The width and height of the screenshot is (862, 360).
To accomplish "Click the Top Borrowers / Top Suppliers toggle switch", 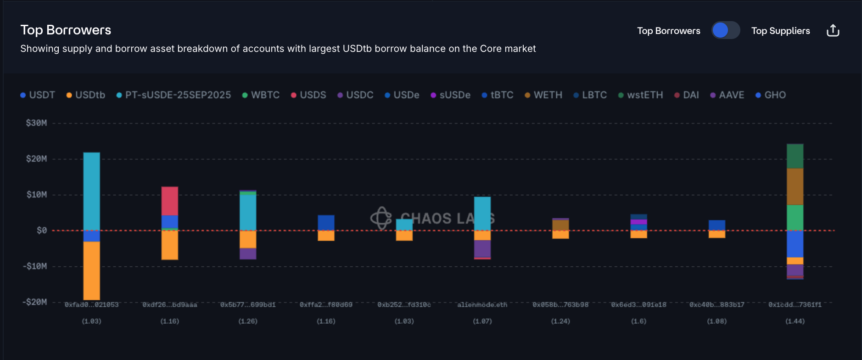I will click(x=725, y=30).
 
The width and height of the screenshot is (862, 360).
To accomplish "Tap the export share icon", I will click(x=833, y=31).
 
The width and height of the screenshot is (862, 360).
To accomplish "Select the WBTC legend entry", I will click(x=261, y=95).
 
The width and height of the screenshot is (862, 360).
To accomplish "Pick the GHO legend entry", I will click(x=771, y=95).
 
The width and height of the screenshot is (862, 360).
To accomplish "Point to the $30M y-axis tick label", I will click(x=36, y=123).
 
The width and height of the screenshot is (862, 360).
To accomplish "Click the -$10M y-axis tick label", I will click(x=35, y=266).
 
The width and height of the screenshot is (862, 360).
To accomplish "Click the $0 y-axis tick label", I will click(x=41, y=231).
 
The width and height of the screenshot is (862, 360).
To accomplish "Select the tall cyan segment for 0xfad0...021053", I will click(x=91, y=191).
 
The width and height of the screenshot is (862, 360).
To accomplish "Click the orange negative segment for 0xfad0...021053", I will click(x=91, y=270).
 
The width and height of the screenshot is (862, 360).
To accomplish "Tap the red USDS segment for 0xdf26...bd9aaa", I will click(x=169, y=201).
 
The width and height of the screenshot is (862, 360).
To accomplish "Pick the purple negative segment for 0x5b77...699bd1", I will click(x=248, y=253).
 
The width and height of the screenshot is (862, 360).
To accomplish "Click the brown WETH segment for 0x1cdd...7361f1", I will click(x=795, y=186).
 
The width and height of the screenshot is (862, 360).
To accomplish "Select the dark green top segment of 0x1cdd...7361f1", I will click(x=795, y=156).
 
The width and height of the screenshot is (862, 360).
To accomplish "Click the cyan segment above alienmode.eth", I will click(x=482, y=213).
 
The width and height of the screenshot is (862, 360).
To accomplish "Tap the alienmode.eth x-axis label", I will click(x=482, y=305).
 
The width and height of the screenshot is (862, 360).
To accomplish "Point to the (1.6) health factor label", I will click(x=638, y=321).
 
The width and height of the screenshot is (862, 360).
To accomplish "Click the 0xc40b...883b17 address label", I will click(x=716, y=305).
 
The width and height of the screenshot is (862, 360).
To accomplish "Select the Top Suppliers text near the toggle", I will click(x=780, y=31).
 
